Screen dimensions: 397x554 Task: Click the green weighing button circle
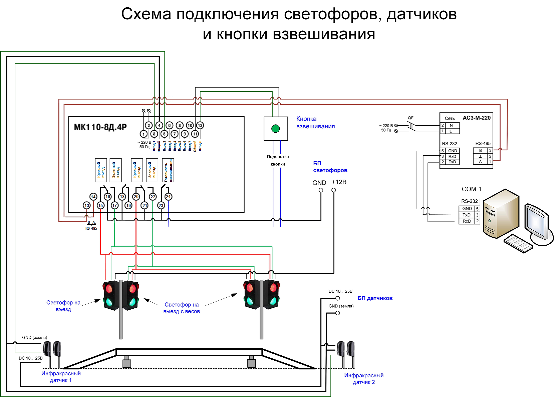pos(275,129)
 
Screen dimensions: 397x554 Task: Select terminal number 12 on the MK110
pos(200,125)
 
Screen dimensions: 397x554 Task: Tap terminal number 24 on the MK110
pos(168,197)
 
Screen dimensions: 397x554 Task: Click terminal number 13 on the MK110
pos(87,205)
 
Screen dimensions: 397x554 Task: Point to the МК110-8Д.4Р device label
pos(100,127)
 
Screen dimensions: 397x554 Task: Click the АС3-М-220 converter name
pos(476,118)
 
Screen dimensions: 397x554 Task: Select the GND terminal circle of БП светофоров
pos(321,190)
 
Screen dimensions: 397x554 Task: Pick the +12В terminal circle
pos(333,190)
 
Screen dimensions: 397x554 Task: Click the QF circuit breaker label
pos(410,118)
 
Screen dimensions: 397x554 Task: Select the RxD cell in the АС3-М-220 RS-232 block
pos(452,156)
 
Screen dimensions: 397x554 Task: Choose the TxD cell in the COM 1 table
pos(467,215)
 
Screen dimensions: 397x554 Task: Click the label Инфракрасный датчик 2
pos(364,379)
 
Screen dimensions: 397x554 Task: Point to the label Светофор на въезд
pos(63,306)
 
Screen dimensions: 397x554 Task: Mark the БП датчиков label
pos(375,298)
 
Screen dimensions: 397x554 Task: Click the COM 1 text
pos(471,189)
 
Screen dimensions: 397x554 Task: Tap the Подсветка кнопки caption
pos(278,160)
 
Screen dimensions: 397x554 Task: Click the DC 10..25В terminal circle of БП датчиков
pos(337,298)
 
